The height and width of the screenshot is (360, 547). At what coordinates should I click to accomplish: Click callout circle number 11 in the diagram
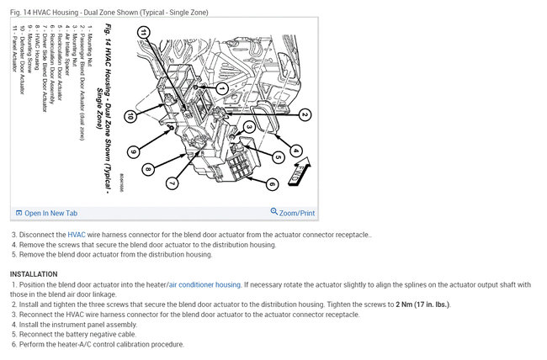click(145, 33)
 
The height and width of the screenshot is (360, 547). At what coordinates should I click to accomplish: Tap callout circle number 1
click(221, 87)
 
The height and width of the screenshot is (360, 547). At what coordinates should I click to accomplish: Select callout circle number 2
click(305, 115)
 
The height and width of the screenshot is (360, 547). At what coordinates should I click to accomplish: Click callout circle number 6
click(272, 184)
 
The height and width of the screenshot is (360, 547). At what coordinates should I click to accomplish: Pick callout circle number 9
click(132, 152)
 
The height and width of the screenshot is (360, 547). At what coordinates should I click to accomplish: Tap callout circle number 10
click(130, 116)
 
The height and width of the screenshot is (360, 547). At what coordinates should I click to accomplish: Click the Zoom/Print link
click(293, 214)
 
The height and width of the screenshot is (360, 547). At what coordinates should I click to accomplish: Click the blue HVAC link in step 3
click(77, 235)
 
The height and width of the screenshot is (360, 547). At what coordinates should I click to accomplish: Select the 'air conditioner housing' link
click(204, 285)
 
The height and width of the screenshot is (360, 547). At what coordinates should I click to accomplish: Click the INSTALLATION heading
click(34, 274)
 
